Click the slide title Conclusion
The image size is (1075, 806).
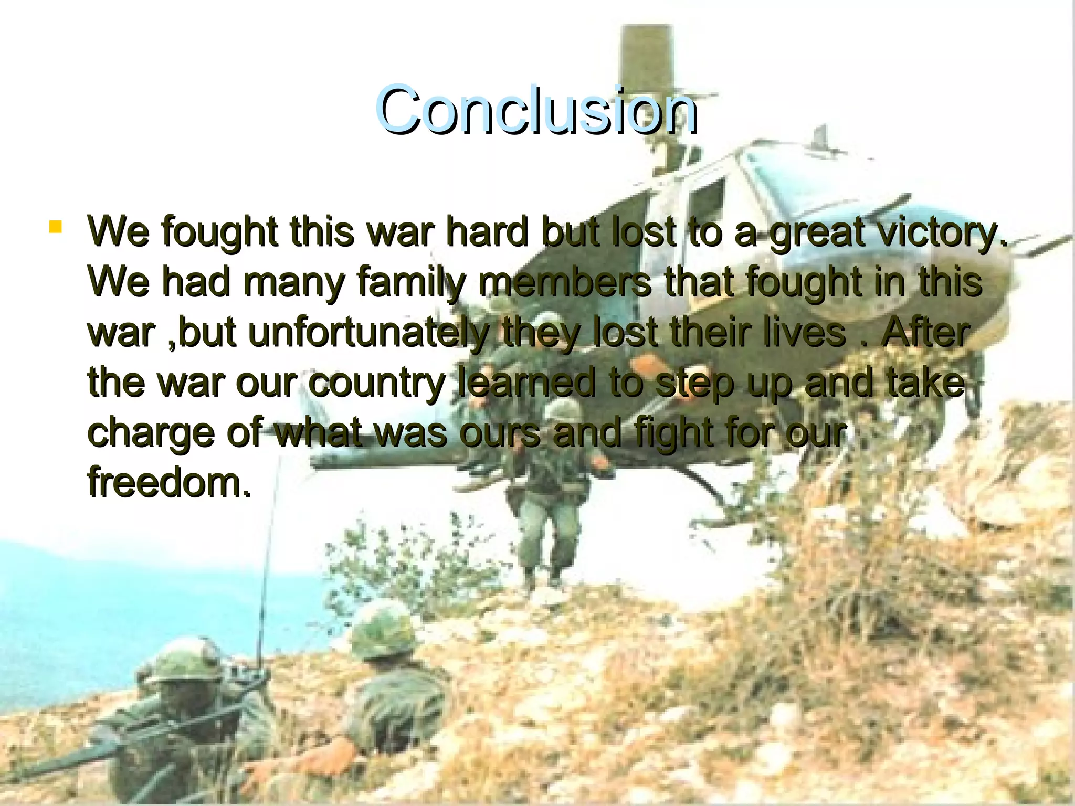point(536,110)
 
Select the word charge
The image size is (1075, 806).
point(150,433)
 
